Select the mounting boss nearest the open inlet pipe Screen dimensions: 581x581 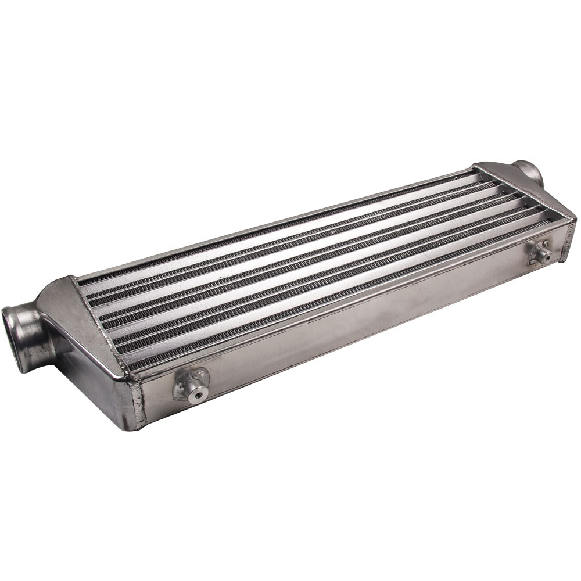(191, 385)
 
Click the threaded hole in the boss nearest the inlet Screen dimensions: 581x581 (198, 396)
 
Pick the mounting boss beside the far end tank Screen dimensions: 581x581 (541, 252)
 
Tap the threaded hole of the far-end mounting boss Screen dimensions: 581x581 (546, 255)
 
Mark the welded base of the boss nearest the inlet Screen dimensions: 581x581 (181, 388)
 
